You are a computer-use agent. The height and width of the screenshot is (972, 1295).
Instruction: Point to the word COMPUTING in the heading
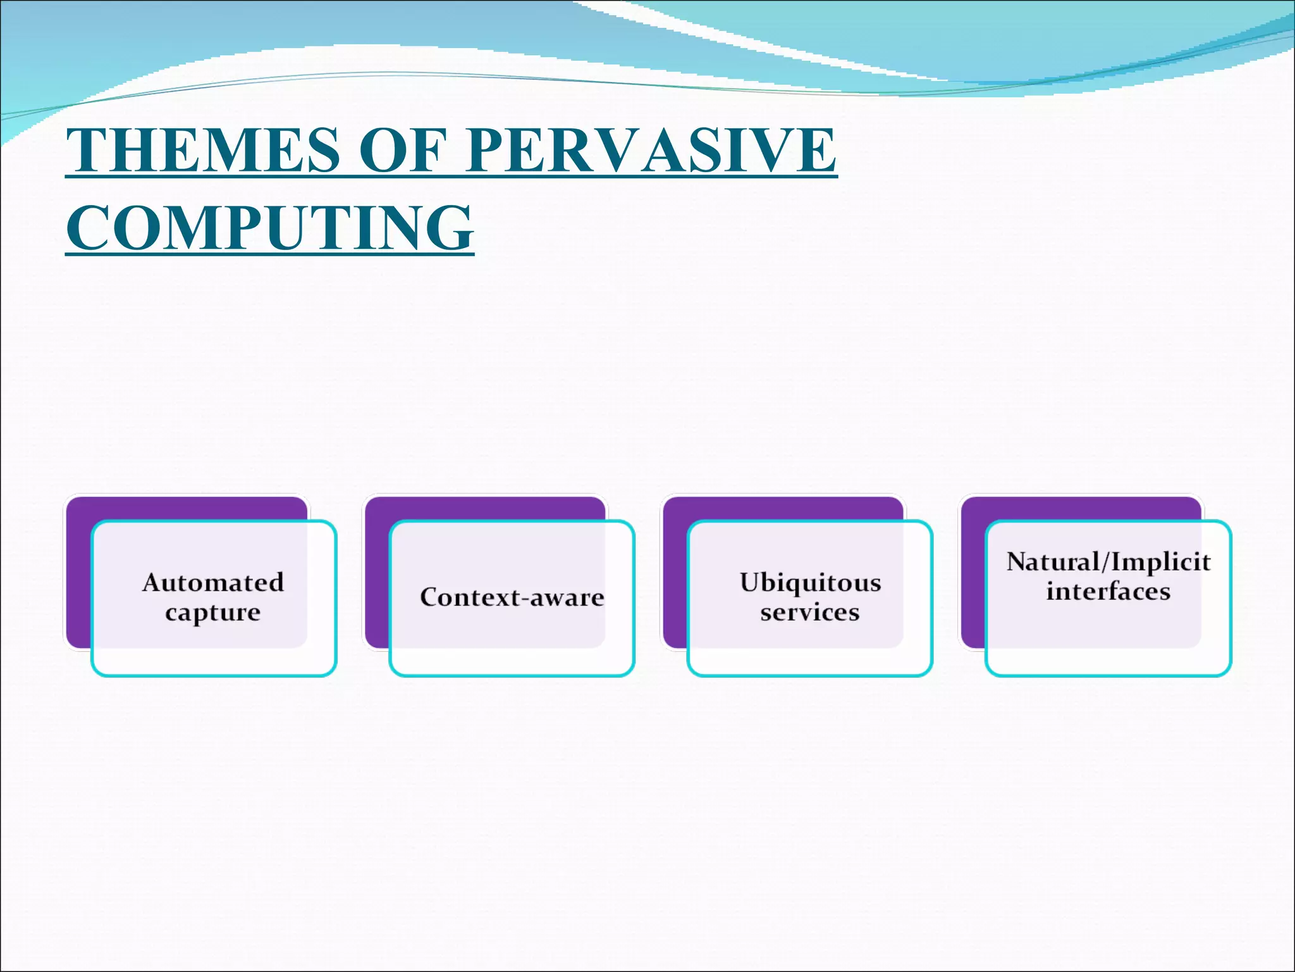[270, 228]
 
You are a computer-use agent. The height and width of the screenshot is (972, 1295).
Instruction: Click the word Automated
[213, 582]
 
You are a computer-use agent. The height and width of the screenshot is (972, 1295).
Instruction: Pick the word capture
[213, 613]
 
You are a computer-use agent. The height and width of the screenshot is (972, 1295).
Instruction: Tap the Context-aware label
[512, 597]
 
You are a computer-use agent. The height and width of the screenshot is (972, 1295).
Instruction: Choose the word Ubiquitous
[810, 582]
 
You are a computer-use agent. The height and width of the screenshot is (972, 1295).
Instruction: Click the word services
[810, 613]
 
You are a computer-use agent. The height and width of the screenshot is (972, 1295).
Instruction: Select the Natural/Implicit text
[1108, 562]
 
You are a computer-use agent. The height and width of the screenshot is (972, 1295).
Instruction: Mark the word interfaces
[1108, 592]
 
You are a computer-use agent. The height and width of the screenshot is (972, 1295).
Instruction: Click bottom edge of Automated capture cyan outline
[214, 675]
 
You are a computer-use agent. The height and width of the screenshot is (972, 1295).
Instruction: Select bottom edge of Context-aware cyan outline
[512, 675]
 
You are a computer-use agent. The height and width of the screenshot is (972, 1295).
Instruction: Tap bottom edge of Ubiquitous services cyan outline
[810, 675]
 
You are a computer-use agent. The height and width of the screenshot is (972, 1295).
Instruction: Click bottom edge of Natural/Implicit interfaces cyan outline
[1108, 675]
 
